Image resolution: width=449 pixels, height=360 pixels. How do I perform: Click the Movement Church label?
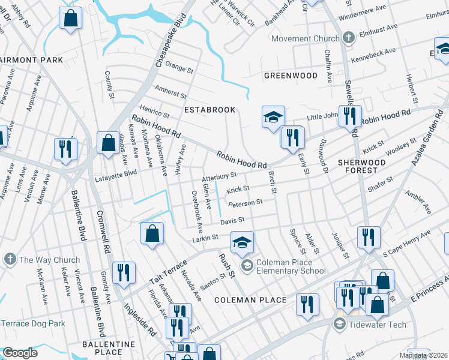click(306, 39)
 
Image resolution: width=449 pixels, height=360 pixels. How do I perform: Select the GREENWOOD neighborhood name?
click(291, 76)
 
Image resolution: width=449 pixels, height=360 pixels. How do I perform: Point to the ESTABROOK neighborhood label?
click(209, 110)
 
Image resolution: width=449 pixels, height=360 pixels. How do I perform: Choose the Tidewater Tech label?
click(378, 325)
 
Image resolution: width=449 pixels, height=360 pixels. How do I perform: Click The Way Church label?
click(49, 260)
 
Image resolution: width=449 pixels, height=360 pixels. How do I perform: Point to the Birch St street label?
click(271, 182)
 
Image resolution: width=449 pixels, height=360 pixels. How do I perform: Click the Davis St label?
click(232, 222)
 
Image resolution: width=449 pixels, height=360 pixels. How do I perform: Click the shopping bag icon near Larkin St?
click(152, 234)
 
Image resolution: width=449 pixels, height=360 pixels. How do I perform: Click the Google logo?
click(20, 353)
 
